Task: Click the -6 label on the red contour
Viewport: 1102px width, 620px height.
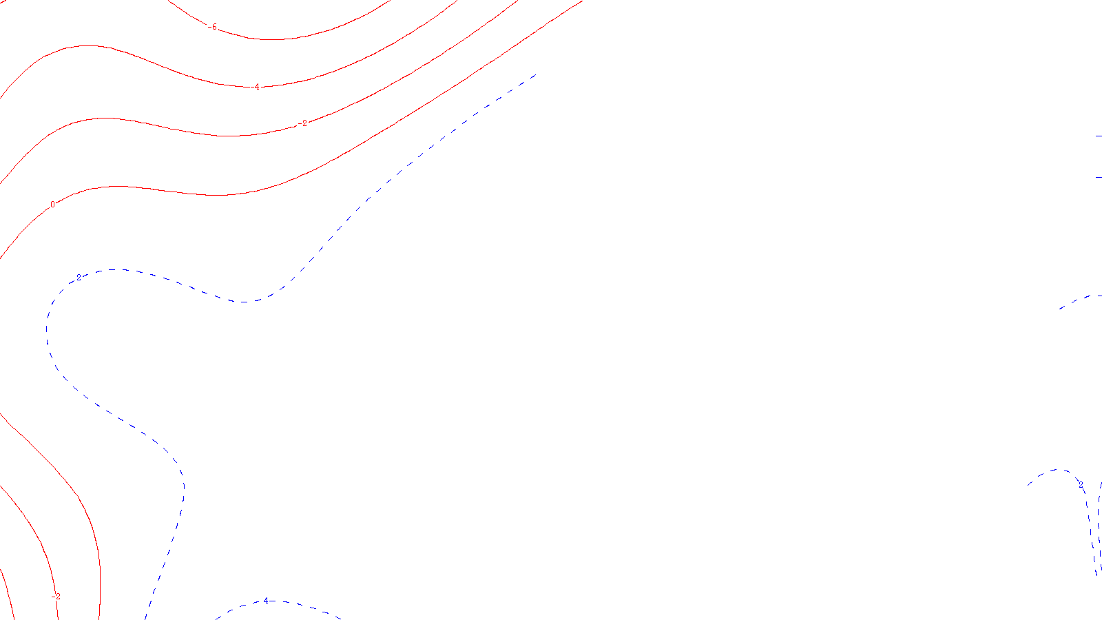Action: (x=213, y=28)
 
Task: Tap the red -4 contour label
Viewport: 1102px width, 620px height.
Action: (x=256, y=87)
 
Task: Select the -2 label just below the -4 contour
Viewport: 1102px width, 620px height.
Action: (x=304, y=123)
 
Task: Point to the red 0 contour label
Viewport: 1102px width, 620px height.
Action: (x=52, y=205)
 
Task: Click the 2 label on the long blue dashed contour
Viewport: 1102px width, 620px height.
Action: (x=79, y=277)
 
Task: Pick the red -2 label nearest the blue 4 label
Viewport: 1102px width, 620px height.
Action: (x=56, y=597)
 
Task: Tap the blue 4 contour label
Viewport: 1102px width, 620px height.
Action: (x=266, y=601)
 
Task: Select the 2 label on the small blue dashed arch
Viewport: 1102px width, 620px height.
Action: (x=1081, y=485)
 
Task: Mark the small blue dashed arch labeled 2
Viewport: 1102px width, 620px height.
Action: (x=1054, y=471)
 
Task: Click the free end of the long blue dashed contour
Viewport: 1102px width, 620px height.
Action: (x=535, y=74)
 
